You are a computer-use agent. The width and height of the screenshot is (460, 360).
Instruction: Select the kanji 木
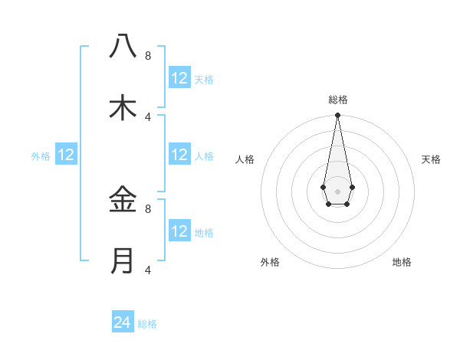point(123,108)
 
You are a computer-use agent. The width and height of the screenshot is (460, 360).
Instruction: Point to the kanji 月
point(123,261)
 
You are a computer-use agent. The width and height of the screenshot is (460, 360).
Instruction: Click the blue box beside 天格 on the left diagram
point(179,78)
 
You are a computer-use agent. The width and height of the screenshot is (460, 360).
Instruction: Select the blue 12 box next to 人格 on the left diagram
point(179,155)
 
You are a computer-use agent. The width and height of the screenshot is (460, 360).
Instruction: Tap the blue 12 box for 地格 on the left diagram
point(179,231)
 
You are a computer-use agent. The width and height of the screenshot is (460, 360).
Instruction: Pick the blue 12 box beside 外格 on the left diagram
point(66,155)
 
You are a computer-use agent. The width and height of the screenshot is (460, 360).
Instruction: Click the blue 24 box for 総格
point(123,322)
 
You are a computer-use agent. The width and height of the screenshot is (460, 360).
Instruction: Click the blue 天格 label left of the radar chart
point(204,80)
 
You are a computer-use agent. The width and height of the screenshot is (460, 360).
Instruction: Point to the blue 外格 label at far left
point(41,156)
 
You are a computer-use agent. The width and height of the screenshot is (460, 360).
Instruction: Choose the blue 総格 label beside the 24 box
point(147,324)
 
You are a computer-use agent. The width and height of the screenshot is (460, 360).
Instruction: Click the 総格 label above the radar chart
point(338,100)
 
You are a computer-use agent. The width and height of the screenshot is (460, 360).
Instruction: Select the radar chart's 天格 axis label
point(432,159)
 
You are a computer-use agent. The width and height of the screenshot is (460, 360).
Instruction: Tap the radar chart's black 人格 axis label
point(245,159)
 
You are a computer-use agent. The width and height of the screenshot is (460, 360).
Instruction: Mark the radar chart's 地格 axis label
point(402,262)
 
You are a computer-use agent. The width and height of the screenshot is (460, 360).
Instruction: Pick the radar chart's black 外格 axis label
point(270,262)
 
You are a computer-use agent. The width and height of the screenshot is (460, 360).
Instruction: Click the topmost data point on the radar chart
point(337,116)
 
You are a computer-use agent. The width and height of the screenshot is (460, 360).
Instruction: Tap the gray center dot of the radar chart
point(337,191)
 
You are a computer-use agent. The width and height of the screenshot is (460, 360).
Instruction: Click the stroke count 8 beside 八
point(148,55)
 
